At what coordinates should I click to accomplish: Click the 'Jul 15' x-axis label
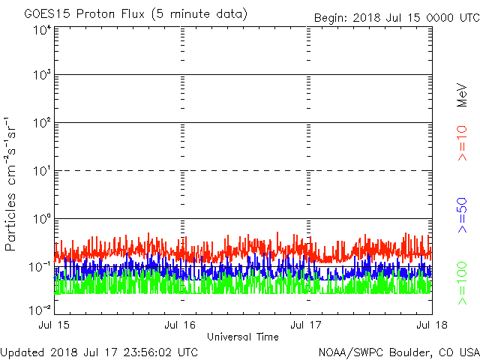coord(55,325)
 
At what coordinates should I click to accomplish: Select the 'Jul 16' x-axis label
coord(181,325)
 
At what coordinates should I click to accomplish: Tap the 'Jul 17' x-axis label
coord(307,325)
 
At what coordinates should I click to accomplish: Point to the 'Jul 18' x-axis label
coord(431,325)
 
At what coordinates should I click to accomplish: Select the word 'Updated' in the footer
coord(22,352)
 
